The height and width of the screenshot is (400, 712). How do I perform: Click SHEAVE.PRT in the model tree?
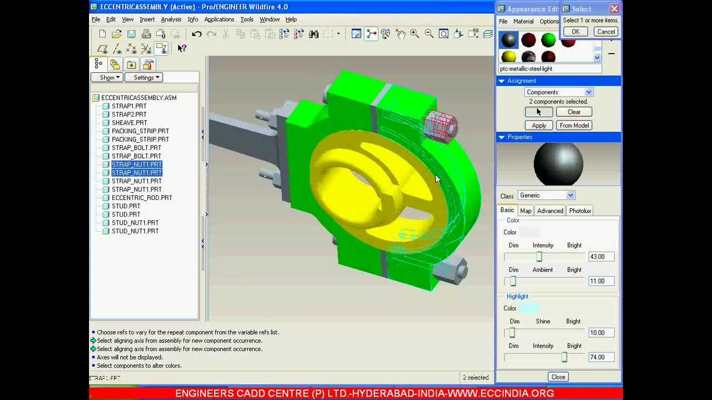point(129,123)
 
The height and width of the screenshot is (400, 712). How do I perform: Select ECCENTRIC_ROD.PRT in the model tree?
point(141,198)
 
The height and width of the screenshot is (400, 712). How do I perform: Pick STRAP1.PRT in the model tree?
point(128,106)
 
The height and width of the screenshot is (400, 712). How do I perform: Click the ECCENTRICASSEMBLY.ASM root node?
point(139,98)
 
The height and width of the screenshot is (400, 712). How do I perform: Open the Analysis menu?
point(171,19)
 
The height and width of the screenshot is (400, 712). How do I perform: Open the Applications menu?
point(219,19)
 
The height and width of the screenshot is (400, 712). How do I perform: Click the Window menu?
point(269,19)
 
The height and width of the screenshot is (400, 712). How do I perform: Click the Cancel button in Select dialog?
point(606,32)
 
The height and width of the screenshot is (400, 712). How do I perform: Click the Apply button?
point(538,126)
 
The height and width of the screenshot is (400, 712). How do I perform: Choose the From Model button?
point(574,126)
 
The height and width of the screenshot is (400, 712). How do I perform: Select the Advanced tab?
point(550,211)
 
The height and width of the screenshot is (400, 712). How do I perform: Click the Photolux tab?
point(580,211)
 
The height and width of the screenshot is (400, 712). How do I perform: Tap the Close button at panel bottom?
point(558,377)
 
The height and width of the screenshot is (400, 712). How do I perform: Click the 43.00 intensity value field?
point(600,257)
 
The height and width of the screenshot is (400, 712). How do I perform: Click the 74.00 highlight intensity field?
point(600,357)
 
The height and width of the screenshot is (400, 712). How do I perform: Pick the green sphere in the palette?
point(548,40)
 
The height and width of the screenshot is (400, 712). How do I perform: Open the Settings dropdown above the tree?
point(143,78)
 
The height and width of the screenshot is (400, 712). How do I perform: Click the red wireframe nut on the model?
point(441,126)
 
